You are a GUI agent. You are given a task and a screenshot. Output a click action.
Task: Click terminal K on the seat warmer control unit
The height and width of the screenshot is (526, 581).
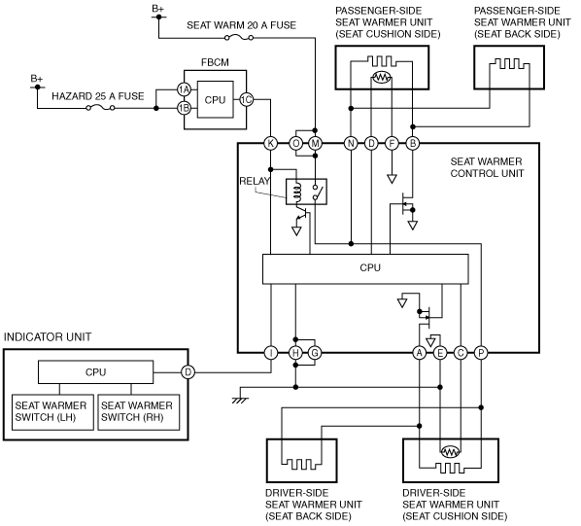click(270, 143)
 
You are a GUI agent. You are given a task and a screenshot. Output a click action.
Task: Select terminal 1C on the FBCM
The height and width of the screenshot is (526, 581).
click(247, 99)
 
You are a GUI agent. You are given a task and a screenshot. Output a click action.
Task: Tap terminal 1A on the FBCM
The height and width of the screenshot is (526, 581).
click(184, 89)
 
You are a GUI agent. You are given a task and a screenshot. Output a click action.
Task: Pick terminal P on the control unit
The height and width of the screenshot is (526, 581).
click(481, 353)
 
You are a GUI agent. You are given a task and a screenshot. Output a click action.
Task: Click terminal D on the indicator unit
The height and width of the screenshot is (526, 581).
click(188, 371)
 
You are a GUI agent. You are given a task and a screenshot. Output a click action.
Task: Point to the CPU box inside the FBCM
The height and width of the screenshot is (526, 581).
click(216, 99)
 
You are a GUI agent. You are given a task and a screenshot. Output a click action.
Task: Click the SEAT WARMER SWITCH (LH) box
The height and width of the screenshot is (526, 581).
click(52, 412)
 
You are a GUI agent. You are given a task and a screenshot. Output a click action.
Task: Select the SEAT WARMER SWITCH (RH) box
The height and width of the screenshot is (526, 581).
click(139, 412)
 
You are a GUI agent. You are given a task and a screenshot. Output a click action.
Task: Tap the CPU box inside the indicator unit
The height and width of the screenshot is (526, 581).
click(95, 371)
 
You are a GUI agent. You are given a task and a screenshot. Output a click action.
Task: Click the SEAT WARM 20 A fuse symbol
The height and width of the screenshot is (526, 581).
click(239, 38)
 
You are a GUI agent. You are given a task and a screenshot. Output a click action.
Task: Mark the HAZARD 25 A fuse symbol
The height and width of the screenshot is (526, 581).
click(100, 108)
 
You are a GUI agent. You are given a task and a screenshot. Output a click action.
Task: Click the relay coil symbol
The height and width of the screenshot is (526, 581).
click(296, 192)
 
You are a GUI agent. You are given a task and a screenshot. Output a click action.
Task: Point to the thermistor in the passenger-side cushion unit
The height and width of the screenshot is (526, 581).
click(382, 77)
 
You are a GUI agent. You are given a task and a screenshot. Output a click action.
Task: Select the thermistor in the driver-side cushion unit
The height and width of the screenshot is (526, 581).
click(450, 451)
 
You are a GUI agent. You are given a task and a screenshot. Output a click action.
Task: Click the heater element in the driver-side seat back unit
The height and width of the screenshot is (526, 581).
click(301, 464)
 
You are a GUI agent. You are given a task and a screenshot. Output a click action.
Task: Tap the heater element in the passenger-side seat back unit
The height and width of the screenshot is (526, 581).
click(509, 64)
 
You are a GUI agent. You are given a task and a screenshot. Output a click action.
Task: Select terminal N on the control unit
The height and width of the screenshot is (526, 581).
click(351, 143)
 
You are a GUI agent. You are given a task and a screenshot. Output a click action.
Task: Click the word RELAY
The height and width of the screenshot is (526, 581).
click(255, 181)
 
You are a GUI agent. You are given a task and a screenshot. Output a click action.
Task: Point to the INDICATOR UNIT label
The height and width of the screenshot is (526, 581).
click(48, 337)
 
